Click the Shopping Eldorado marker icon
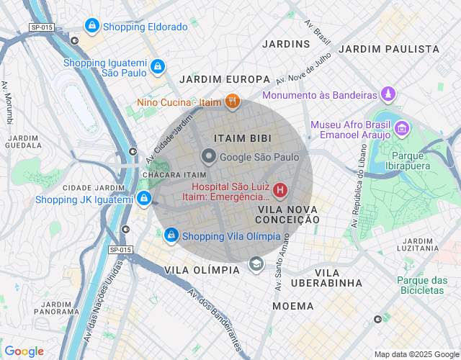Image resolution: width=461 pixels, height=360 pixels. click(x=91, y=27)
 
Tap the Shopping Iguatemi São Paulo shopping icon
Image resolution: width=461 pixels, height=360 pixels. click(x=157, y=66)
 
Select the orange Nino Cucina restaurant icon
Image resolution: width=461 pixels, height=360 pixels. click(x=231, y=102)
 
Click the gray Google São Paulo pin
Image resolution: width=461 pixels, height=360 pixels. click(x=209, y=156)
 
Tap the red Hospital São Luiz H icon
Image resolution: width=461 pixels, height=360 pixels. click(x=280, y=191)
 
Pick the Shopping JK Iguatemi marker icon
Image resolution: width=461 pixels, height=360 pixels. click(x=144, y=199)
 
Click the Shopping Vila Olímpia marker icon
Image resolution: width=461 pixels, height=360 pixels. click(x=171, y=235)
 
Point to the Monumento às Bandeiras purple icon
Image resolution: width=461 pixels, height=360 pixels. click(x=389, y=94)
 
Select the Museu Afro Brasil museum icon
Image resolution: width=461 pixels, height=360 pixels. click(x=402, y=130)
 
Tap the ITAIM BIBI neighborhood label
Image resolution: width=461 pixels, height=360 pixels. click(x=242, y=137)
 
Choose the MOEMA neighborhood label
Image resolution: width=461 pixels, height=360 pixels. click(x=292, y=306)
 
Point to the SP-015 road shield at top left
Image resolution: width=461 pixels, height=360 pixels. click(x=42, y=27)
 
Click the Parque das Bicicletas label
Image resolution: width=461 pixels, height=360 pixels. click(x=420, y=285)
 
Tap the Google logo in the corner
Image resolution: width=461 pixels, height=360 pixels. click(x=24, y=351)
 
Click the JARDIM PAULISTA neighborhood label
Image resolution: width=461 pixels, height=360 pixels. click(x=388, y=49)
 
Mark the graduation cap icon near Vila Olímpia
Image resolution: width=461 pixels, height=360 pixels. click(x=256, y=265)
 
